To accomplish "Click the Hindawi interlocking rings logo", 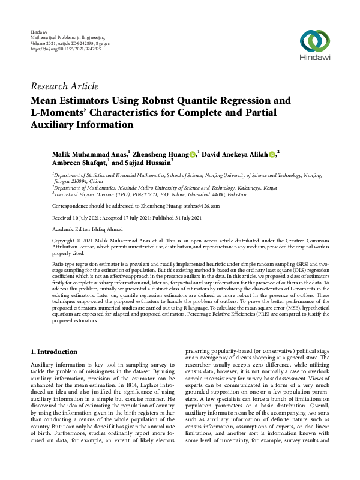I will [x=314, y=41].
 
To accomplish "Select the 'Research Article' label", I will [x=64, y=86].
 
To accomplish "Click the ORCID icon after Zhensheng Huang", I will [x=193, y=154].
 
